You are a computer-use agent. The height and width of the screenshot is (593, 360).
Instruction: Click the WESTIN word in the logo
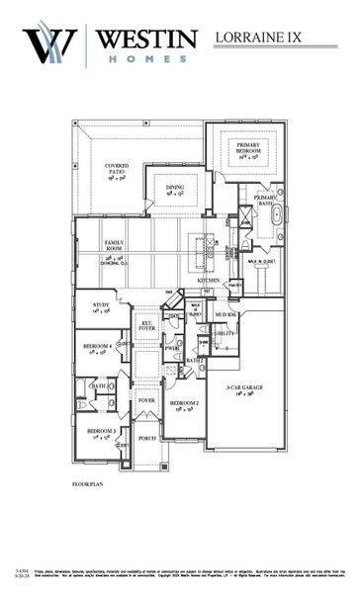(x=147, y=40)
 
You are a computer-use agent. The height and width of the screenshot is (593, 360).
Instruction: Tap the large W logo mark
(x=52, y=45)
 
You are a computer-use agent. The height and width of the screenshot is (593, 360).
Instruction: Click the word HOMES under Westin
(x=147, y=59)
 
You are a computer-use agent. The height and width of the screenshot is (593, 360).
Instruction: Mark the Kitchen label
(x=209, y=281)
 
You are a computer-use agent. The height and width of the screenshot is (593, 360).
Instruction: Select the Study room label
(x=100, y=307)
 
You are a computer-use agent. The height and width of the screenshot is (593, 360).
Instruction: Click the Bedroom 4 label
(x=97, y=347)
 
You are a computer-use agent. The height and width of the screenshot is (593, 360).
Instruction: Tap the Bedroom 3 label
(x=100, y=433)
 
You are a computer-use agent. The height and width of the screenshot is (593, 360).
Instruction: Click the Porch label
(x=147, y=438)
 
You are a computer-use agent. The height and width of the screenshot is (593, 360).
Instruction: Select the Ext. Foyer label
(x=147, y=325)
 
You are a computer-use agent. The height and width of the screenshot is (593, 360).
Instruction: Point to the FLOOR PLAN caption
(x=87, y=484)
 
